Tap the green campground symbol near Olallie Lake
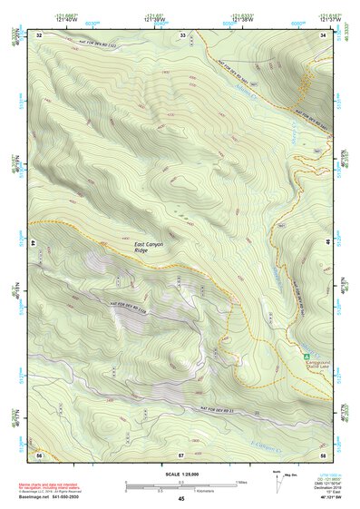[x=306, y=355]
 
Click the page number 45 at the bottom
[x=181, y=499]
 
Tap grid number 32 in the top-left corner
[x=39, y=34]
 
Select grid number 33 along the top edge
[x=182, y=34]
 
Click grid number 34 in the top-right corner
[x=324, y=34]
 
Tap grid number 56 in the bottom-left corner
[x=39, y=453]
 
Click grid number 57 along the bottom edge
[x=182, y=453]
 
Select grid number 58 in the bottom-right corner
[x=324, y=453]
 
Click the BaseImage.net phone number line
[x=52, y=497]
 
